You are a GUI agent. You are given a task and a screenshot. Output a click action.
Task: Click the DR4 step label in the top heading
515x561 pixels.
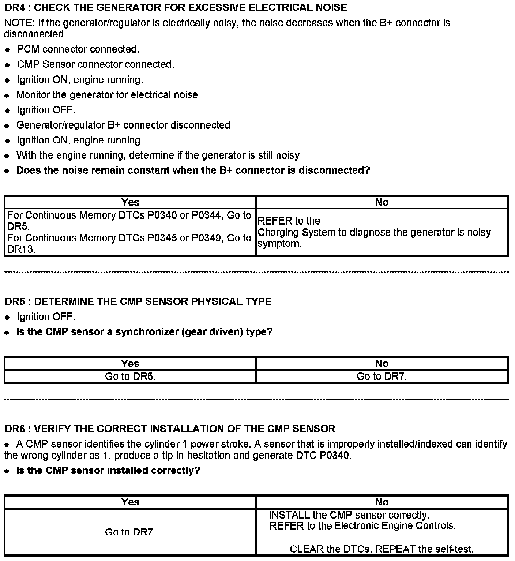[x=14, y=7]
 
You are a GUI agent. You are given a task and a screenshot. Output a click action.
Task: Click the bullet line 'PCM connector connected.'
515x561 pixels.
[x=78, y=49]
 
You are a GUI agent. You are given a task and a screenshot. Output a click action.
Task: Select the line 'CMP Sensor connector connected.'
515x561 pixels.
[x=95, y=64]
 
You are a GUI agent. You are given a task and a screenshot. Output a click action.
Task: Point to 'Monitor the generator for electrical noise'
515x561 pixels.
[x=107, y=95]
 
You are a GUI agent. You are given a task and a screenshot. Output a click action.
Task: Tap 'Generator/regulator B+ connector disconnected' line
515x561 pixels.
[x=123, y=125]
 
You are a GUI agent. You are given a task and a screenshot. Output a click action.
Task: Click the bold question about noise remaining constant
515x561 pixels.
[x=193, y=170]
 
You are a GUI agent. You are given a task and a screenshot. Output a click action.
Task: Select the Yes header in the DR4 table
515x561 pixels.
[x=130, y=202]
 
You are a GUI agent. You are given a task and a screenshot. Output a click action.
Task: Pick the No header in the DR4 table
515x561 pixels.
[x=382, y=202]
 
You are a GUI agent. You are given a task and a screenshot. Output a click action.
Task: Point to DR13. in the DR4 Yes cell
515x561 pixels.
[x=21, y=249]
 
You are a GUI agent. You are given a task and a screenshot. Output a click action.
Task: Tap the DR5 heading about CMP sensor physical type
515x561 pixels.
[x=138, y=302]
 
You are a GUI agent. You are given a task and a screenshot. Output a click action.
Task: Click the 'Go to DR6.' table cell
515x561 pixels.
[x=130, y=376]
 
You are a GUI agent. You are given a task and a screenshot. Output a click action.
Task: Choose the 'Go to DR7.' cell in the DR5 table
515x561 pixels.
[x=382, y=376]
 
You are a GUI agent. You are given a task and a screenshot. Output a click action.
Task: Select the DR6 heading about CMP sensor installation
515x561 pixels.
[x=170, y=429]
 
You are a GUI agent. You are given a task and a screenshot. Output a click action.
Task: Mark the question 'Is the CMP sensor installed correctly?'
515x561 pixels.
[x=108, y=470]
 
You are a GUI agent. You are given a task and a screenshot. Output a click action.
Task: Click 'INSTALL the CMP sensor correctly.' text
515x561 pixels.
[x=349, y=515]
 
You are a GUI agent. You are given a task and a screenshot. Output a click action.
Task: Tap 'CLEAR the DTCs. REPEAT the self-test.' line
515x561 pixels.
[x=381, y=549]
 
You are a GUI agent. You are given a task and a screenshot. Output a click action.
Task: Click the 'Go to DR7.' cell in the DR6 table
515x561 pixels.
[x=130, y=532]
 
